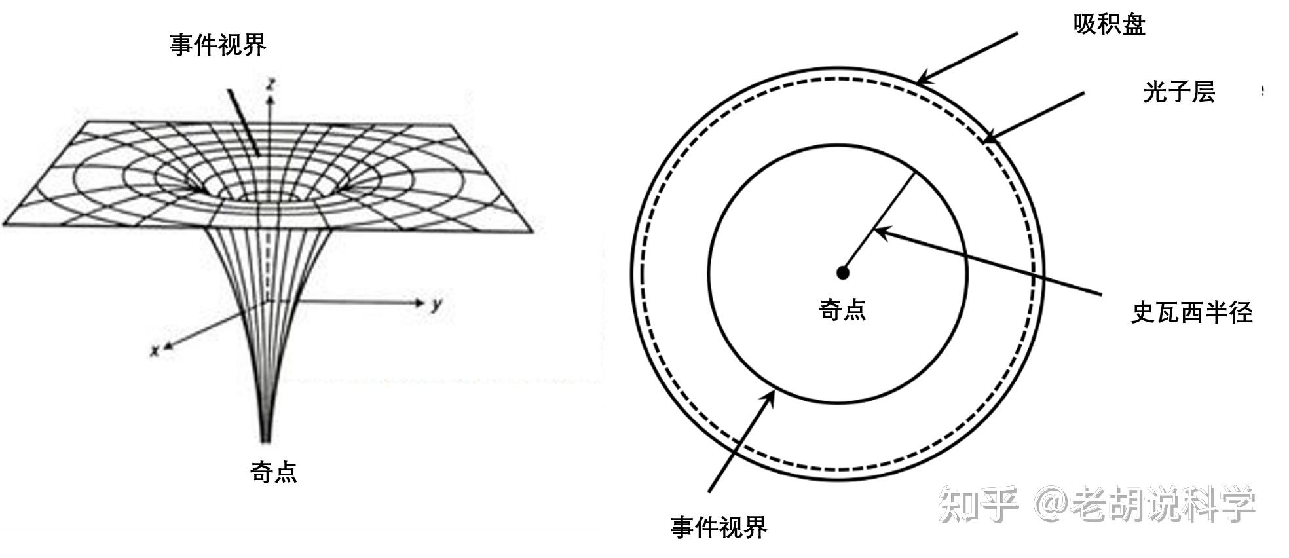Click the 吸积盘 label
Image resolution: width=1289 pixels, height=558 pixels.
click(x=1109, y=25)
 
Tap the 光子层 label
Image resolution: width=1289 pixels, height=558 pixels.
click(x=1179, y=92)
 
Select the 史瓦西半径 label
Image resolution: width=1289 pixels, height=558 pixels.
click(x=1192, y=312)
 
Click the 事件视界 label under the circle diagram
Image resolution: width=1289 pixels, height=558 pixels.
click(x=719, y=527)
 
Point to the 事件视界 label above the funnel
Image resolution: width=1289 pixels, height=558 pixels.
click(x=218, y=45)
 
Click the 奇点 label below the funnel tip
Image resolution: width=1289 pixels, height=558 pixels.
click(x=274, y=472)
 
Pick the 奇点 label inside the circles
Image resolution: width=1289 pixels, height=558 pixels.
click(x=842, y=310)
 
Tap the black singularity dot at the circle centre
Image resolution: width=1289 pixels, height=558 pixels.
click(x=843, y=272)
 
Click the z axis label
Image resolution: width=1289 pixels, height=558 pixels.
click(x=271, y=83)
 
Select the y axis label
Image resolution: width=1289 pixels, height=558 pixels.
click(x=437, y=305)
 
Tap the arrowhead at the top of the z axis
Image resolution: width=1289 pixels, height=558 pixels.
click(x=269, y=97)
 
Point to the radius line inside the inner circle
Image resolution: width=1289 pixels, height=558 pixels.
click(x=878, y=223)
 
